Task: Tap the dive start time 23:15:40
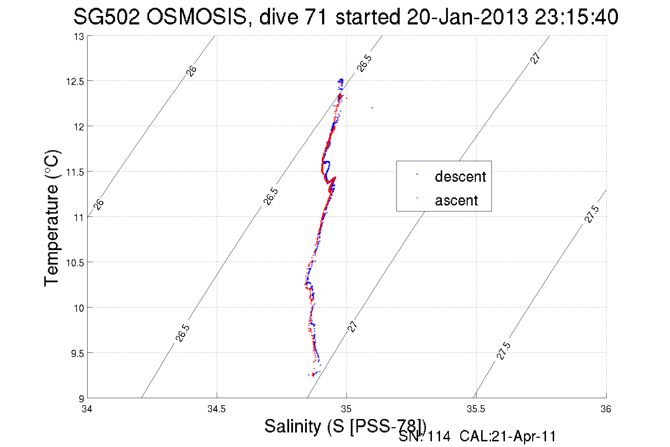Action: [x=576, y=17]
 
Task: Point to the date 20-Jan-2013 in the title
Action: [x=467, y=17]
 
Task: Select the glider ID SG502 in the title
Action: [x=106, y=17]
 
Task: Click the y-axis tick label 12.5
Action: [x=75, y=81]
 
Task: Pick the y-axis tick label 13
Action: [x=79, y=36]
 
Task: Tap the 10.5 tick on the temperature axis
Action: [x=75, y=263]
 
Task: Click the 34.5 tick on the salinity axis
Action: [x=216, y=409]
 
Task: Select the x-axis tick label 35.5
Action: [x=476, y=409]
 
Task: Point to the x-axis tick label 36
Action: [x=606, y=409]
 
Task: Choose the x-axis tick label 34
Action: [x=87, y=409]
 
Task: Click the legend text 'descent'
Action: [x=460, y=176]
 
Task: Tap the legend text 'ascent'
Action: [x=456, y=200]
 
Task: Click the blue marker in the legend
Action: [x=417, y=175]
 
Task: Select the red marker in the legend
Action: [x=417, y=198]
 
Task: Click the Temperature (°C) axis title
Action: [x=52, y=218]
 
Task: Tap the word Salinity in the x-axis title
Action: [x=293, y=426]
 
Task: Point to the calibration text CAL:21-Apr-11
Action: [x=508, y=437]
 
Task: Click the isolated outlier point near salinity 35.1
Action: [x=372, y=108]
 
